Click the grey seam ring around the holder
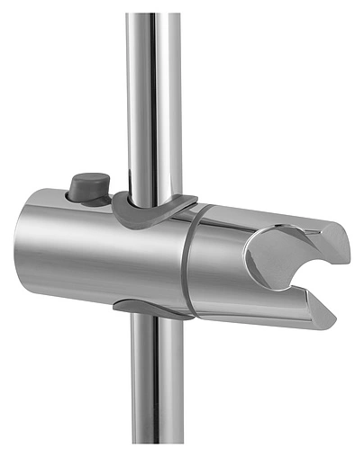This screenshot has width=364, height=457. pyautogui.click(x=185, y=261)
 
